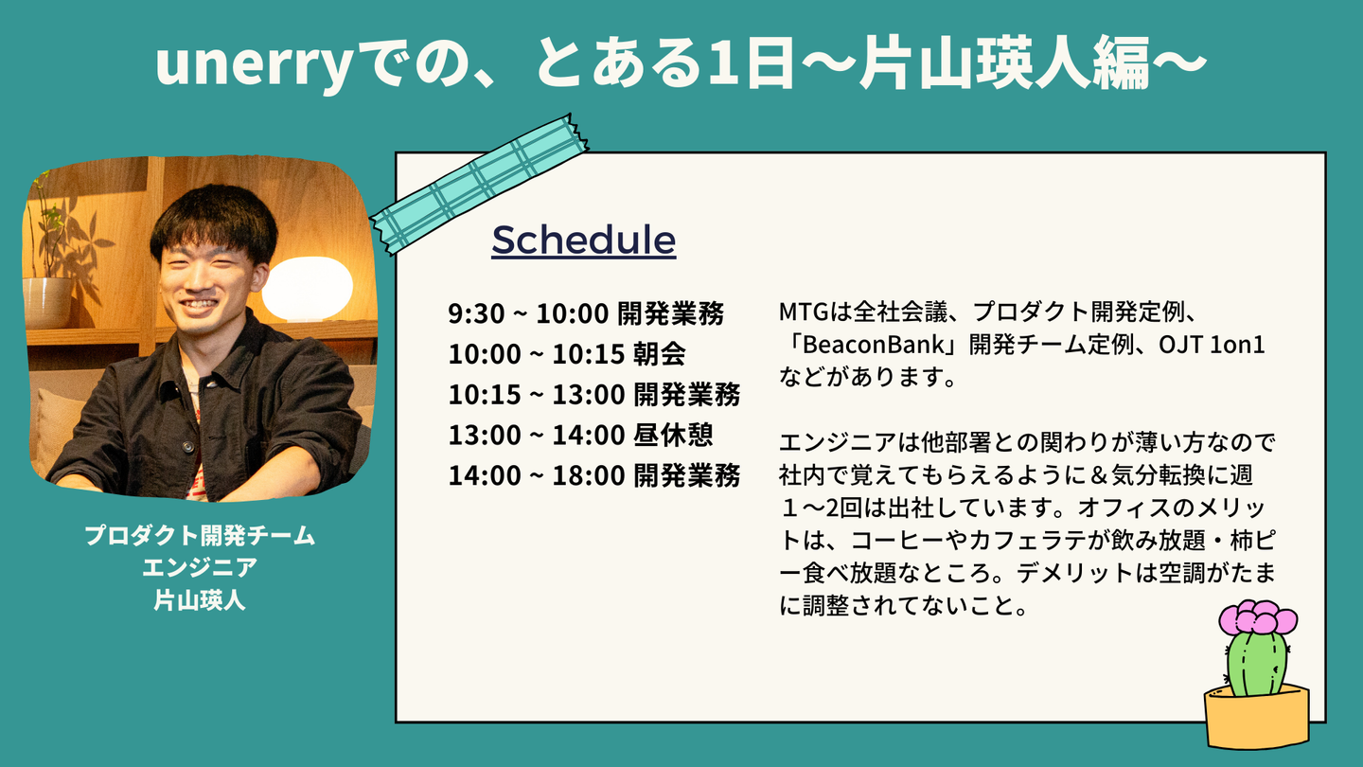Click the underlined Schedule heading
tap(583, 240)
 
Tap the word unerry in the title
tap(255, 64)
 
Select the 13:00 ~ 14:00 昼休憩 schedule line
tap(580, 435)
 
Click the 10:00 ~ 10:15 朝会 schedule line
tap(567, 354)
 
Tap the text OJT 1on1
tap(1212, 345)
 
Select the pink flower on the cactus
tap(1258, 616)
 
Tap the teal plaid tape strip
tap(480, 184)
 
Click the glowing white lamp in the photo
tap(308, 287)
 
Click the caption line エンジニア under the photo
tap(200, 567)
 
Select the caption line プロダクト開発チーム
tap(200, 535)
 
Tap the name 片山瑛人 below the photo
tap(200, 600)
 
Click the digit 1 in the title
tap(718, 63)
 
